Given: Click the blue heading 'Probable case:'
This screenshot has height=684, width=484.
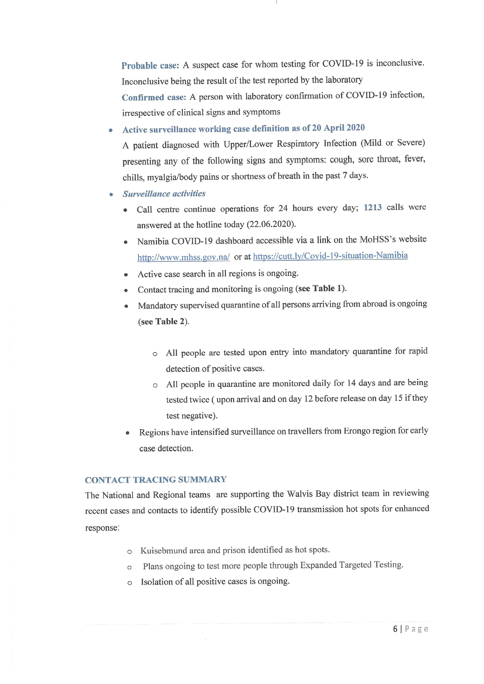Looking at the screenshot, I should [x=150, y=66].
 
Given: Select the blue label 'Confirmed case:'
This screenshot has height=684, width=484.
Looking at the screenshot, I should [x=154, y=97].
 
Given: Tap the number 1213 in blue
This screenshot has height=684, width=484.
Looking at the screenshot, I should [x=373, y=207].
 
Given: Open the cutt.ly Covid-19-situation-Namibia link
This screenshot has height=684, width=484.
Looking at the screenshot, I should [x=330, y=256].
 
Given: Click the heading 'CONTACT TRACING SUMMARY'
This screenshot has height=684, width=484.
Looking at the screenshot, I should [x=155, y=480].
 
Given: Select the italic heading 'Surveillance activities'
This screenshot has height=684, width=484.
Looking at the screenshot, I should [x=164, y=194].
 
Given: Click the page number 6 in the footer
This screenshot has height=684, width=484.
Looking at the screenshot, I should [x=395, y=629].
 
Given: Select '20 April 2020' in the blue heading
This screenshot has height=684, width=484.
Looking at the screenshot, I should [x=338, y=128].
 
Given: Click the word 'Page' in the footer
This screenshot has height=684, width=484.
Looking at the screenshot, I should [x=416, y=629].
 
